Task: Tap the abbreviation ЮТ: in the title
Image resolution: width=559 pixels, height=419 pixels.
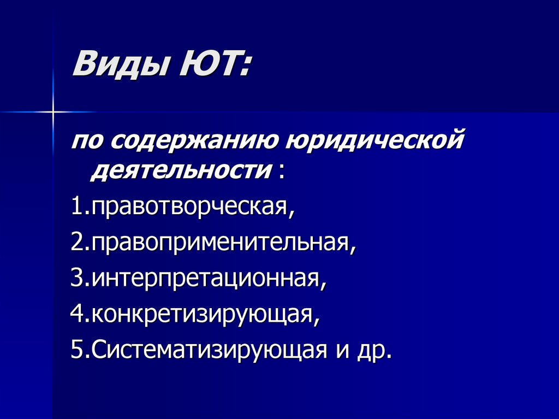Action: click(213, 63)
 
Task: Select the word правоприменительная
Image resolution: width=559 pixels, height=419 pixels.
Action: click(224, 243)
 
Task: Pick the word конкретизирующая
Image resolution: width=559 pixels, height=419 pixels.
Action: click(205, 315)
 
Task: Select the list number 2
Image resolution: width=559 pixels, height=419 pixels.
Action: click(76, 243)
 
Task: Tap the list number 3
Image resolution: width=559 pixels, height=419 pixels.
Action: click(76, 279)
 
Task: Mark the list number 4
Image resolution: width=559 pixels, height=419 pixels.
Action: click(76, 315)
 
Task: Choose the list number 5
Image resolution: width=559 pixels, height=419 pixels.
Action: click(76, 350)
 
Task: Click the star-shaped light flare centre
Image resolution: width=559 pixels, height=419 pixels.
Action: click(53, 113)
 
